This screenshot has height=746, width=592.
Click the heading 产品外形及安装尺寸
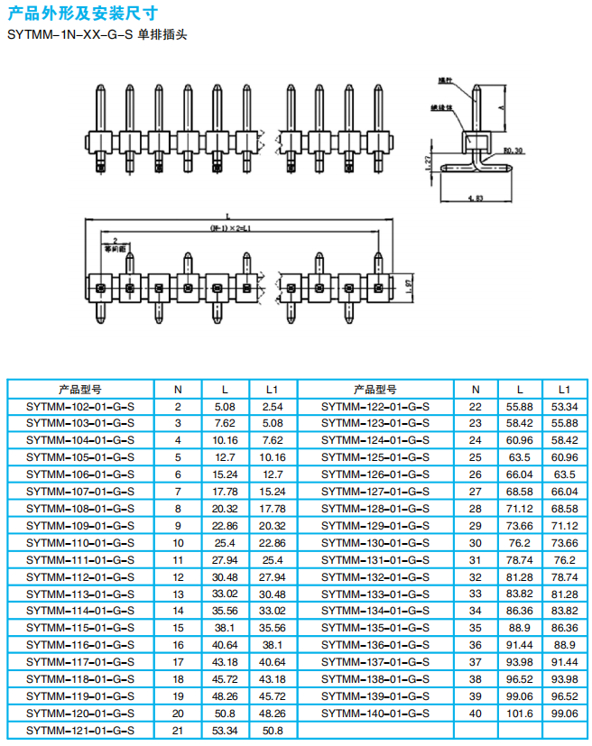(81, 14)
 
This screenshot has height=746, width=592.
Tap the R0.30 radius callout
(513, 151)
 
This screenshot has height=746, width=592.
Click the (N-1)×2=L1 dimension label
(230, 229)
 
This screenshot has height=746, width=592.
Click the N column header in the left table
(178, 390)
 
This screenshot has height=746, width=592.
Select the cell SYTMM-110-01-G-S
(80, 543)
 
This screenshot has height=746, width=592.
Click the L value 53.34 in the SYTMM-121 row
(225, 730)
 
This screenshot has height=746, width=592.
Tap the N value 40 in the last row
(475, 713)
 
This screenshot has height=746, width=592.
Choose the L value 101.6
(520, 713)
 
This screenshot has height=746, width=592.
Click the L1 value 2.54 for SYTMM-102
(273, 407)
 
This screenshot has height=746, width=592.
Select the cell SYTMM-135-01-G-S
(375, 628)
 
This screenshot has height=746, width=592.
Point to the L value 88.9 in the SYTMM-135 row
(520, 628)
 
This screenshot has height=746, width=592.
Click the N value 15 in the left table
(178, 628)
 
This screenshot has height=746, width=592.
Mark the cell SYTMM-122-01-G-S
(375, 407)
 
